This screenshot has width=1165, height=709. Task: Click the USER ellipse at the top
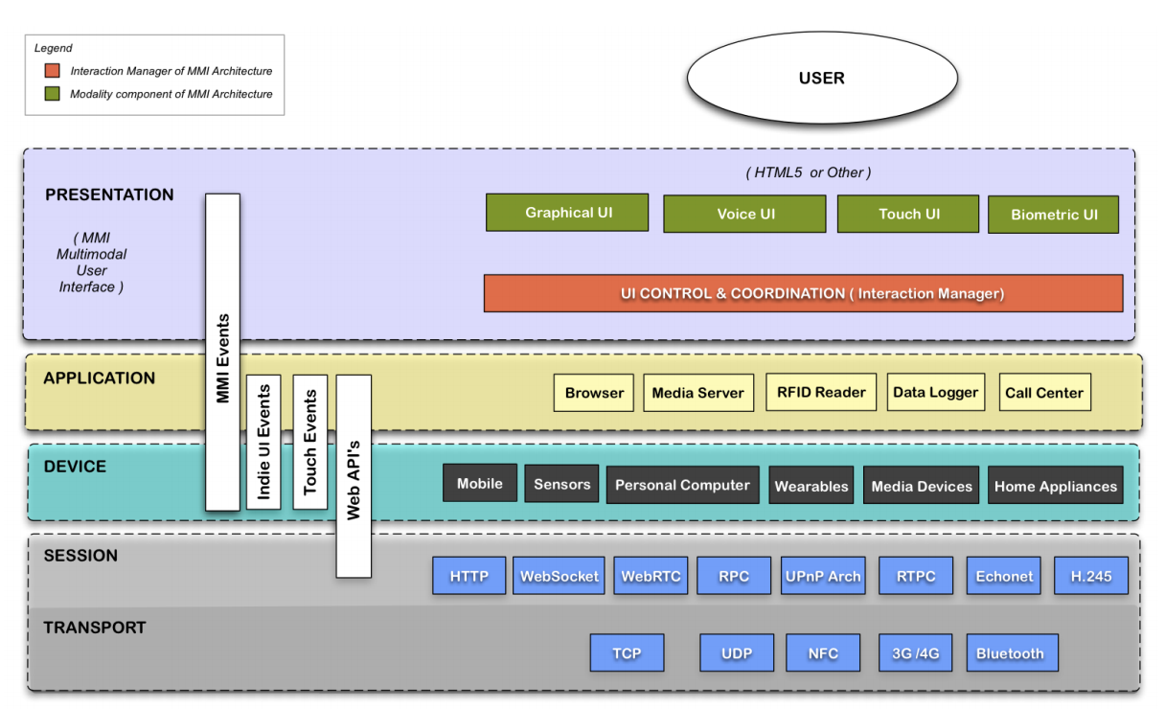(x=821, y=79)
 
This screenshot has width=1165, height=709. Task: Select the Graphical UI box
(x=567, y=213)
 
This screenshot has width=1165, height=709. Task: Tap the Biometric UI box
(x=1053, y=215)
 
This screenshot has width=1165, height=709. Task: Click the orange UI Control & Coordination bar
(x=803, y=293)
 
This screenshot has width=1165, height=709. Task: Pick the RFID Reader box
(x=821, y=392)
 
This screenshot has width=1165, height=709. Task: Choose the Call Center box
(x=1044, y=393)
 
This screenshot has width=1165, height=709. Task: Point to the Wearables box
(x=811, y=486)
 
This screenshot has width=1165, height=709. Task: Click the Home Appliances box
(x=1055, y=486)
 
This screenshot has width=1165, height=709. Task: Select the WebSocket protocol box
(x=559, y=576)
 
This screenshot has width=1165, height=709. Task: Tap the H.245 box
(x=1090, y=576)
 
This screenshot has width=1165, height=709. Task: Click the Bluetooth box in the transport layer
(x=1010, y=653)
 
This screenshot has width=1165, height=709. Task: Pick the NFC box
(x=822, y=653)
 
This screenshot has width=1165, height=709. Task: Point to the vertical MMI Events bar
(x=222, y=352)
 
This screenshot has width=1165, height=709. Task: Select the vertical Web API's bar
(x=354, y=476)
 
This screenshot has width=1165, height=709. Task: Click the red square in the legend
(x=52, y=71)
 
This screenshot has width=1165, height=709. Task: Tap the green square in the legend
(x=52, y=94)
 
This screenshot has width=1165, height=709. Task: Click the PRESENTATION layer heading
(x=109, y=194)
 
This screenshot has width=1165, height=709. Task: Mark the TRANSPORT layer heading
(x=95, y=628)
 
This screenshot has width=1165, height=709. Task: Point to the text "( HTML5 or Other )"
(x=808, y=173)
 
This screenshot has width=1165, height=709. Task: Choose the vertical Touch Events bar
(x=309, y=442)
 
